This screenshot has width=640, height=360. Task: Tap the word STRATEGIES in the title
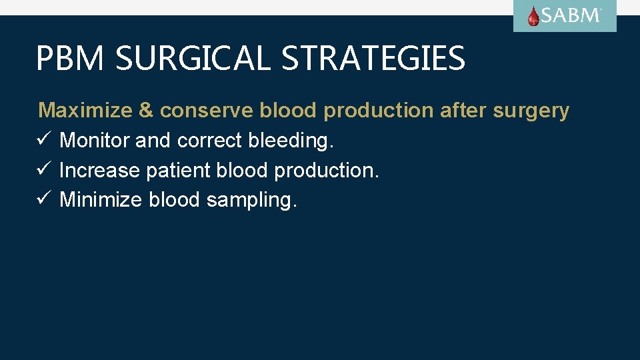click(x=373, y=58)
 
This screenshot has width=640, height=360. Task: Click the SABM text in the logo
click(x=571, y=16)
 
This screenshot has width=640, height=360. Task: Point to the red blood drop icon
click(x=533, y=17)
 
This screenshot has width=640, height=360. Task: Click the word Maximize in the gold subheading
click(x=86, y=111)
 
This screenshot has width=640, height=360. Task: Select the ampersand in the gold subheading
click(x=146, y=111)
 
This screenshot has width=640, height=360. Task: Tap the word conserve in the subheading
click(x=206, y=111)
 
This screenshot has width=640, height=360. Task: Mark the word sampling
click(x=251, y=200)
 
